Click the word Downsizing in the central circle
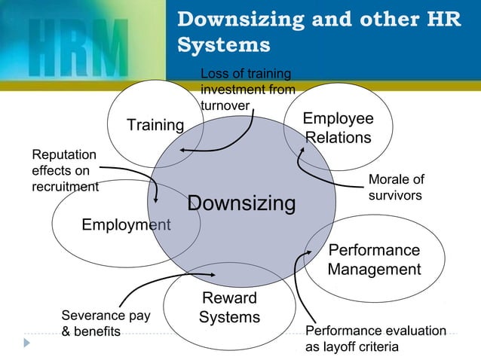(241, 203)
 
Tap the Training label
(155, 125)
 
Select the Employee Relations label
(338, 129)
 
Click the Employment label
(126, 224)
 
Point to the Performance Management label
(374, 260)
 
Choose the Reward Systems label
(229, 308)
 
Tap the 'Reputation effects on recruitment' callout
(65, 171)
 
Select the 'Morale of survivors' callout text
(396, 187)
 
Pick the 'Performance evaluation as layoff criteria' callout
(375, 339)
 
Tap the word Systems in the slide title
(224, 45)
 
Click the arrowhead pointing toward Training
(182, 151)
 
